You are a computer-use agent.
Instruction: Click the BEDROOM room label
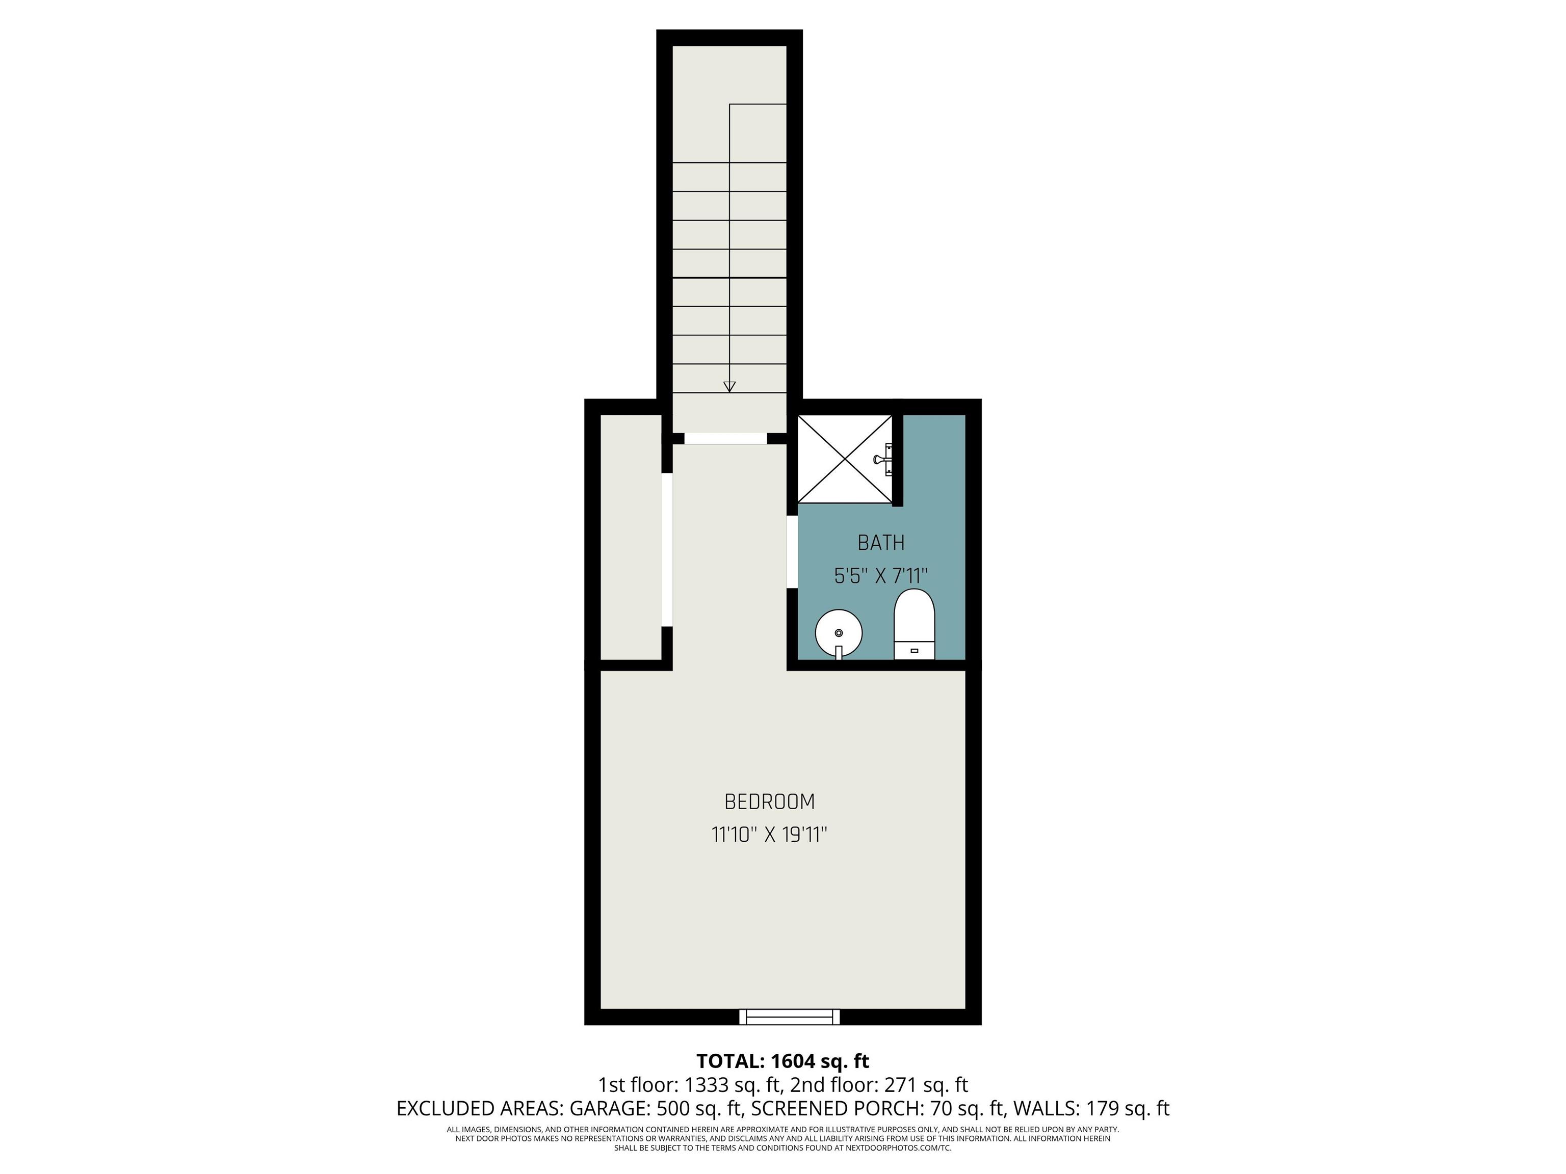pyautogui.click(x=770, y=802)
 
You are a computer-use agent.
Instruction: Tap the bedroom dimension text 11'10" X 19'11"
pyautogui.click(x=770, y=835)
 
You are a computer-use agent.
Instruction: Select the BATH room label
pyautogui.click(x=881, y=543)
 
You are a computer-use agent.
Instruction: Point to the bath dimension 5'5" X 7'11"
pyautogui.click(x=881, y=576)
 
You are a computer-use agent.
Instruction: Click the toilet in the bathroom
pyautogui.click(x=915, y=624)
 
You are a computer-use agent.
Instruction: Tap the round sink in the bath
pyautogui.click(x=839, y=633)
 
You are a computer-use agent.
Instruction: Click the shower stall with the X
pyautogui.click(x=845, y=459)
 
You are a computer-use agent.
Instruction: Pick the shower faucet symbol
pyautogui.click(x=884, y=459)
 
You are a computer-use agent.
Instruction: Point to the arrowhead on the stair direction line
pyautogui.click(x=729, y=386)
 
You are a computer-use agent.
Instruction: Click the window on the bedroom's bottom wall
pyautogui.click(x=789, y=1017)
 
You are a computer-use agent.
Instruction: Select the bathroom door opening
pyautogui.click(x=792, y=552)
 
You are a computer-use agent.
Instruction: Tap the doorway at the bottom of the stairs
pyautogui.click(x=726, y=439)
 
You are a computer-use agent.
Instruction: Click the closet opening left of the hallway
pyautogui.click(x=666, y=550)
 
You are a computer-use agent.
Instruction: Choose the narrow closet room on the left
pyautogui.click(x=631, y=537)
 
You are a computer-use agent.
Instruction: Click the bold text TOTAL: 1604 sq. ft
pyautogui.click(x=782, y=1061)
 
